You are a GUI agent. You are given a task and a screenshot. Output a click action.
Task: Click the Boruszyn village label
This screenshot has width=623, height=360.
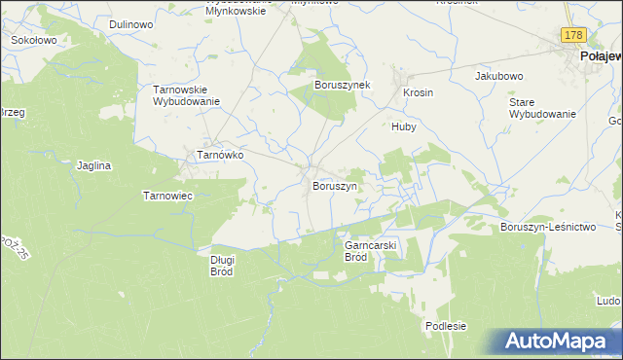pyautogui.click(x=335, y=185)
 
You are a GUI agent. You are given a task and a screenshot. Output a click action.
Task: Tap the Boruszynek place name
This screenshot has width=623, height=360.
pyautogui.click(x=342, y=86)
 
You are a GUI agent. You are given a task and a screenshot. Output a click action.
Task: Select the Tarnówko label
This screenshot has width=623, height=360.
pyautogui.click(x=220, y=155)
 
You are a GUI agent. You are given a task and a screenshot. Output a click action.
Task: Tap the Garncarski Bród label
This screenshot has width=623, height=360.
pyautogui.click(x=370, y=252)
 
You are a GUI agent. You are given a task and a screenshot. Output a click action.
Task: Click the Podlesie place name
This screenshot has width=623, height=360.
pyautogui.click(x=447, y=326)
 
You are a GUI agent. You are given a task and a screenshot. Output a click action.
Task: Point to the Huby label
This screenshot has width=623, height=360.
pyautogui.click(x=404, y=126)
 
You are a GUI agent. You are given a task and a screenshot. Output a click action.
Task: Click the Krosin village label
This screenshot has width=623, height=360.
pyautogui.click(x=418, y=92)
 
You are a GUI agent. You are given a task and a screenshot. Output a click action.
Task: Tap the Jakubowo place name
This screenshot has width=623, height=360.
pyautogui.click(x=499, y=75)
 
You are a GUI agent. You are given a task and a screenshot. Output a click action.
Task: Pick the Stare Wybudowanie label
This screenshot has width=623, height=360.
pyautogui.click(x=543, y=107)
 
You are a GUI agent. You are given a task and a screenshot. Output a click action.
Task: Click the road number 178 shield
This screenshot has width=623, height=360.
pyautogui.click(x=573, y=35)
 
